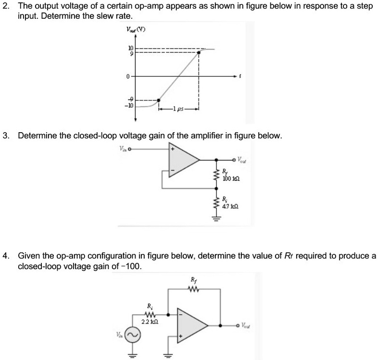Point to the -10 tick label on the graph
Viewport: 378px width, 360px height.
coord(129,106)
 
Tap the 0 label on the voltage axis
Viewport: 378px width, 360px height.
coord(128,76)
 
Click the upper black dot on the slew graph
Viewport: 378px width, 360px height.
coord(200,53)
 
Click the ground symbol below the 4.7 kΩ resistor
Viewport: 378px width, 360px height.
coord(216,218)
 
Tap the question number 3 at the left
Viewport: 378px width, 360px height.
coord(6,136)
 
